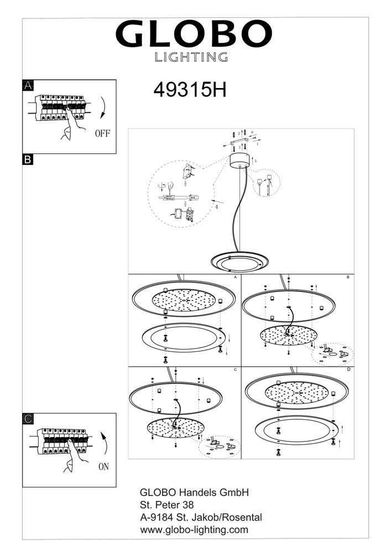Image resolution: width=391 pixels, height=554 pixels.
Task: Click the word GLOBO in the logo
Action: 194,34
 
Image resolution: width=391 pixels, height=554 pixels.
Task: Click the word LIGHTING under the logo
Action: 191,57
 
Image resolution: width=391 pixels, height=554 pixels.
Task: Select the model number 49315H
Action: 190,90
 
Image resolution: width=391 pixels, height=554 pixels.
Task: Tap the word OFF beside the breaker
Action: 103,133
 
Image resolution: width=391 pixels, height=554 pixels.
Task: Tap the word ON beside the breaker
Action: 103,466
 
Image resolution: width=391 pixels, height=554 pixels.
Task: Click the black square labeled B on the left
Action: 28,160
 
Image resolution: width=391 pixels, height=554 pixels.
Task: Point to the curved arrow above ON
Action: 104,442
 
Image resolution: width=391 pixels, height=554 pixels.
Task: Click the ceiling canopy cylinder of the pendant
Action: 240,161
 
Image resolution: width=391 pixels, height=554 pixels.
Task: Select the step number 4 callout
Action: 216,206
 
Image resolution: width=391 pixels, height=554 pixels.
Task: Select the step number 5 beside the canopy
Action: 256,161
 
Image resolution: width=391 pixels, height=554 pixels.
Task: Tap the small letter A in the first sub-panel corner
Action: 235,278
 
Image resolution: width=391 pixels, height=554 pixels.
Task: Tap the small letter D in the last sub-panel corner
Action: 348,370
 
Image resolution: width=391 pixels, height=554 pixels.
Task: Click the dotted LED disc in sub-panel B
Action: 288,335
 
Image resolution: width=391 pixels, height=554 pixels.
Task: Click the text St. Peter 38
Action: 167,505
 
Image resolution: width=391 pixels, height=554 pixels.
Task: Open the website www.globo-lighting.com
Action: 194,530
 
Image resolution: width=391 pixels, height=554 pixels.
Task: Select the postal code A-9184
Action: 157,517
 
